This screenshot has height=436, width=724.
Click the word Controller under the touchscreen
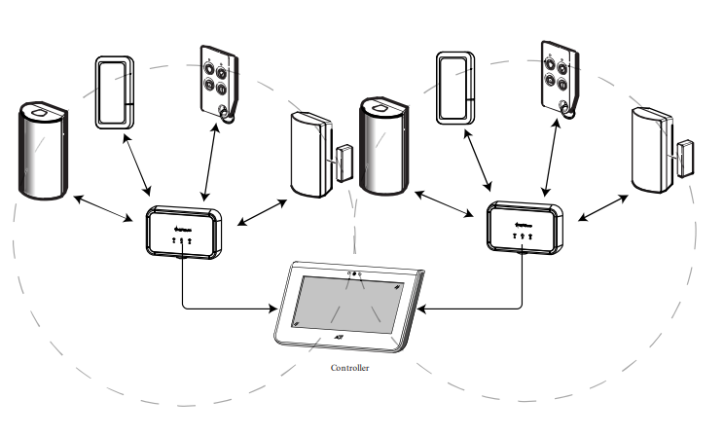point(350,369)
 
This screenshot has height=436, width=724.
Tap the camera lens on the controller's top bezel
point(354,274)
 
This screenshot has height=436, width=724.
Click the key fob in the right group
point(558,84)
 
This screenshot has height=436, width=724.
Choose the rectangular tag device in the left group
point(116,91)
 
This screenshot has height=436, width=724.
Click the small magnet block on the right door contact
point(684,158)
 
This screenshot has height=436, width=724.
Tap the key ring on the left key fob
point(226,116)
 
